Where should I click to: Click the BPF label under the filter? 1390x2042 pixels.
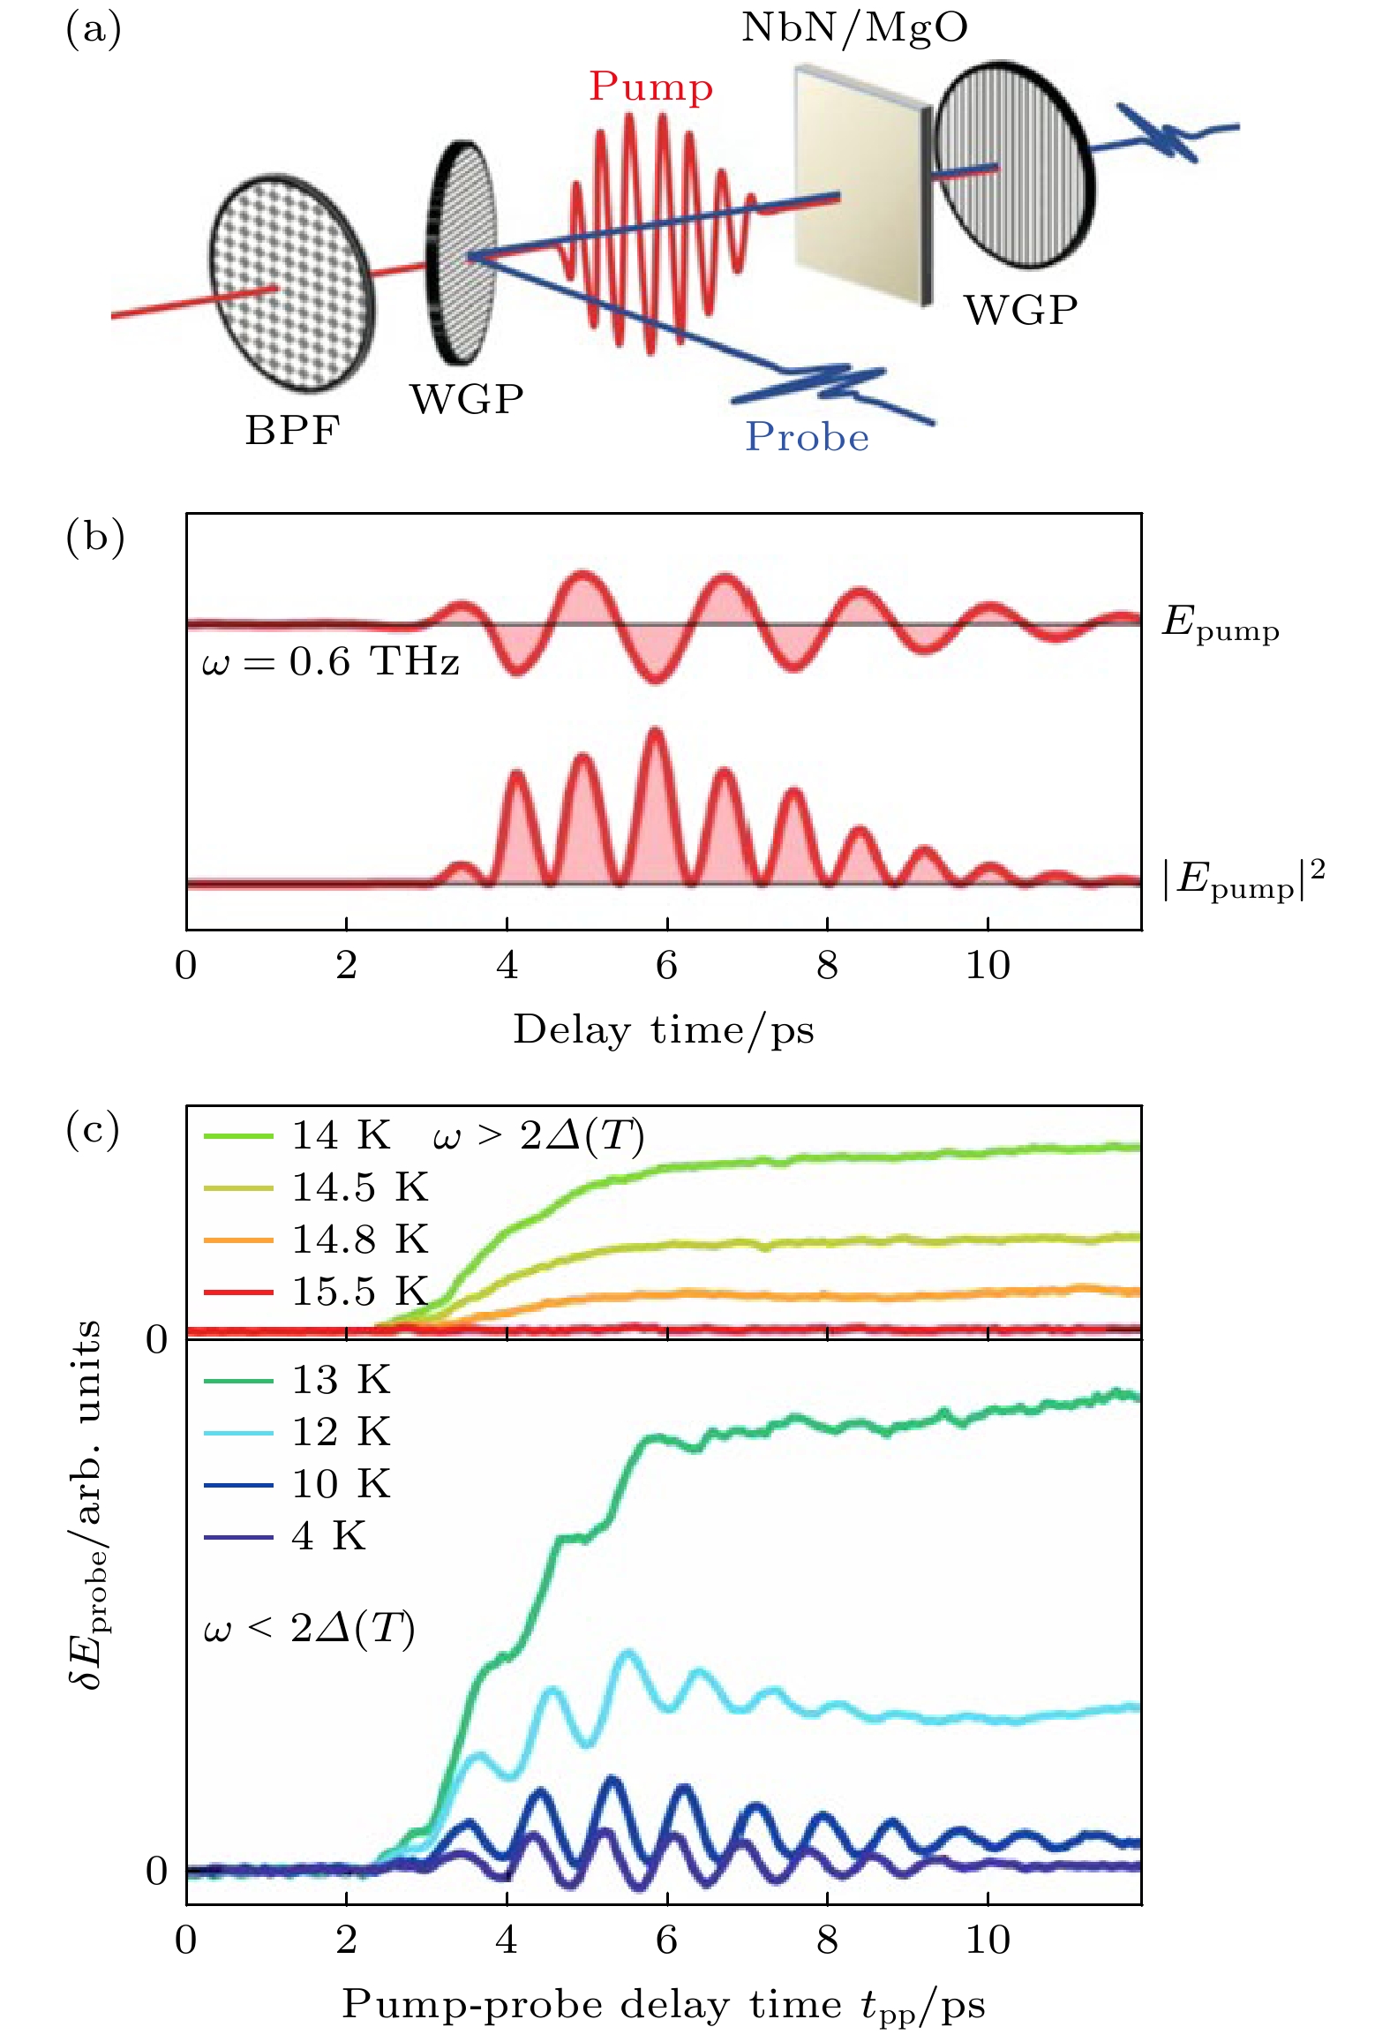[x=292, y=431]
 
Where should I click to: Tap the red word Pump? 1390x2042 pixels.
[x=650, y=87]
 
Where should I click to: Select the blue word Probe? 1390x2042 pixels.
[x=807, y=437]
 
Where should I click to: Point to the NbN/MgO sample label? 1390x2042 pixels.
[x=853, y=27]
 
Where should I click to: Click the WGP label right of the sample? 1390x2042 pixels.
[x=1020, y=310]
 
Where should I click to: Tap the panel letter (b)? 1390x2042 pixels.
[x=94, y=536]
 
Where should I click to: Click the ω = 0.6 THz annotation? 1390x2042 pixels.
[x=331, y=661]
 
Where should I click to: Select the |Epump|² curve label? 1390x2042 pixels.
[x=1243, y=880]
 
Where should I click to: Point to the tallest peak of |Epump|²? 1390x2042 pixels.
[x=654, y=733]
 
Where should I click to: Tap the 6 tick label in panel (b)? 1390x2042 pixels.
[x=666, y=966]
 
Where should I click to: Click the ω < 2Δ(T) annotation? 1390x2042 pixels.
[x=309, y=1629]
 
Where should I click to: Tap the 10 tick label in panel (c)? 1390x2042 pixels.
[x=987, y=1940]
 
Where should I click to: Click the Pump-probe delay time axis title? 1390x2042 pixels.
[x=664, y=2004]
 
